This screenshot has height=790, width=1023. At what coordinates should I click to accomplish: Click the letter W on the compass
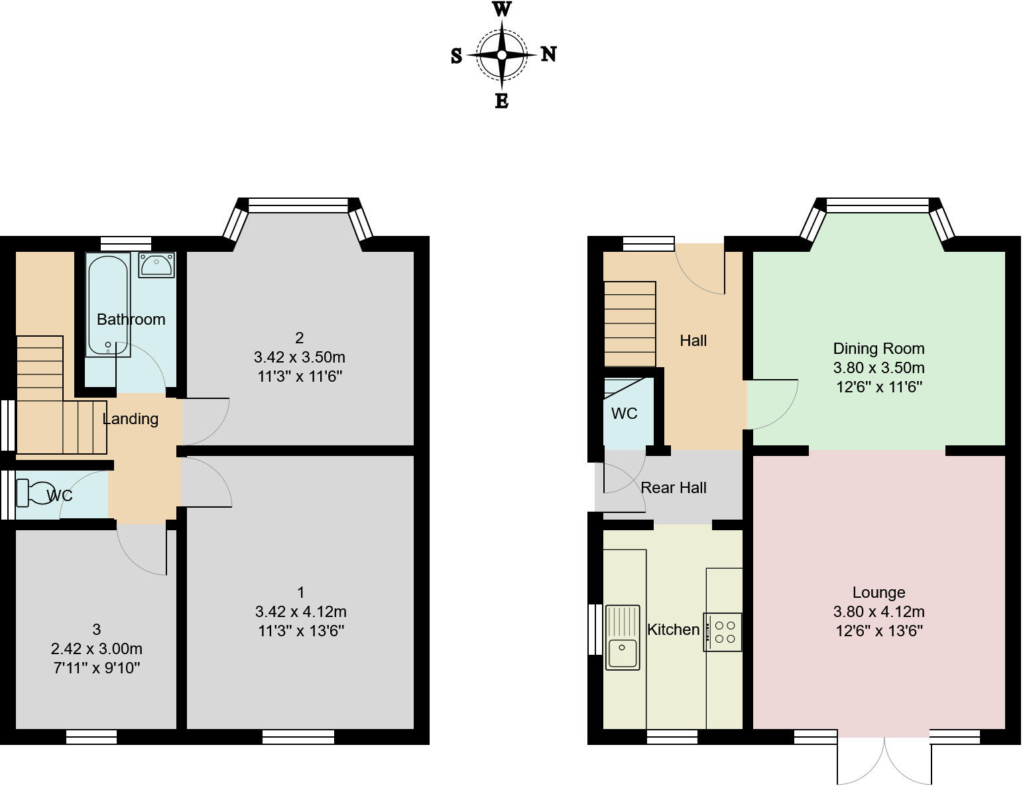[502, 9]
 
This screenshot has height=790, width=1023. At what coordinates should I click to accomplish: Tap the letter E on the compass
[502, 101]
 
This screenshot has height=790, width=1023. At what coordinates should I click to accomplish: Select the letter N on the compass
[548, 54]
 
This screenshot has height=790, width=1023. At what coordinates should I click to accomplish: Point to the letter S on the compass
[456, 56]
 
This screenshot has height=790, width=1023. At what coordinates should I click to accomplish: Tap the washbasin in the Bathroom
[156, 264]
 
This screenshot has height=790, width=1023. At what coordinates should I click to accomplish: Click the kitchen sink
[622, 637]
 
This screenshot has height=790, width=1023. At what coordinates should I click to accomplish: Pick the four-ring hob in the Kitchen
[723, 632]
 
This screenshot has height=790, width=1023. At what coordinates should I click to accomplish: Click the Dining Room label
[878, 349]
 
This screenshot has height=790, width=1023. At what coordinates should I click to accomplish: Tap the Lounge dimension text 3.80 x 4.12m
[878, 612]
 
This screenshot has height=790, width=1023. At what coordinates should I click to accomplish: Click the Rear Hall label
[674, 488]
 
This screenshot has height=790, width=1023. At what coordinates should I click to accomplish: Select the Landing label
[131, 419]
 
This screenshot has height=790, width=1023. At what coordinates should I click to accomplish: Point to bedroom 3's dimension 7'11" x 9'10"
[97, 668]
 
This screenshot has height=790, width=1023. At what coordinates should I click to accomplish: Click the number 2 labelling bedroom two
[300, 338]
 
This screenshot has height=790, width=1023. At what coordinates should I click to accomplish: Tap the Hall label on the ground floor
[693, 341]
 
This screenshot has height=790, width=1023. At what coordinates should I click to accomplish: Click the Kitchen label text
[673, 630]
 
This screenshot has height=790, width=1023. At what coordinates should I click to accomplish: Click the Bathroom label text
[131, 319]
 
